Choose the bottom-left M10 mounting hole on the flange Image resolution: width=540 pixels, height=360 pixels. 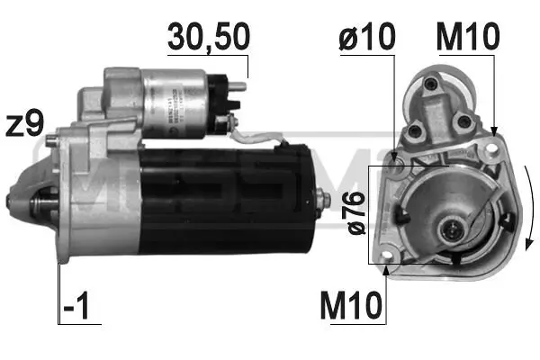tap(388, 264)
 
